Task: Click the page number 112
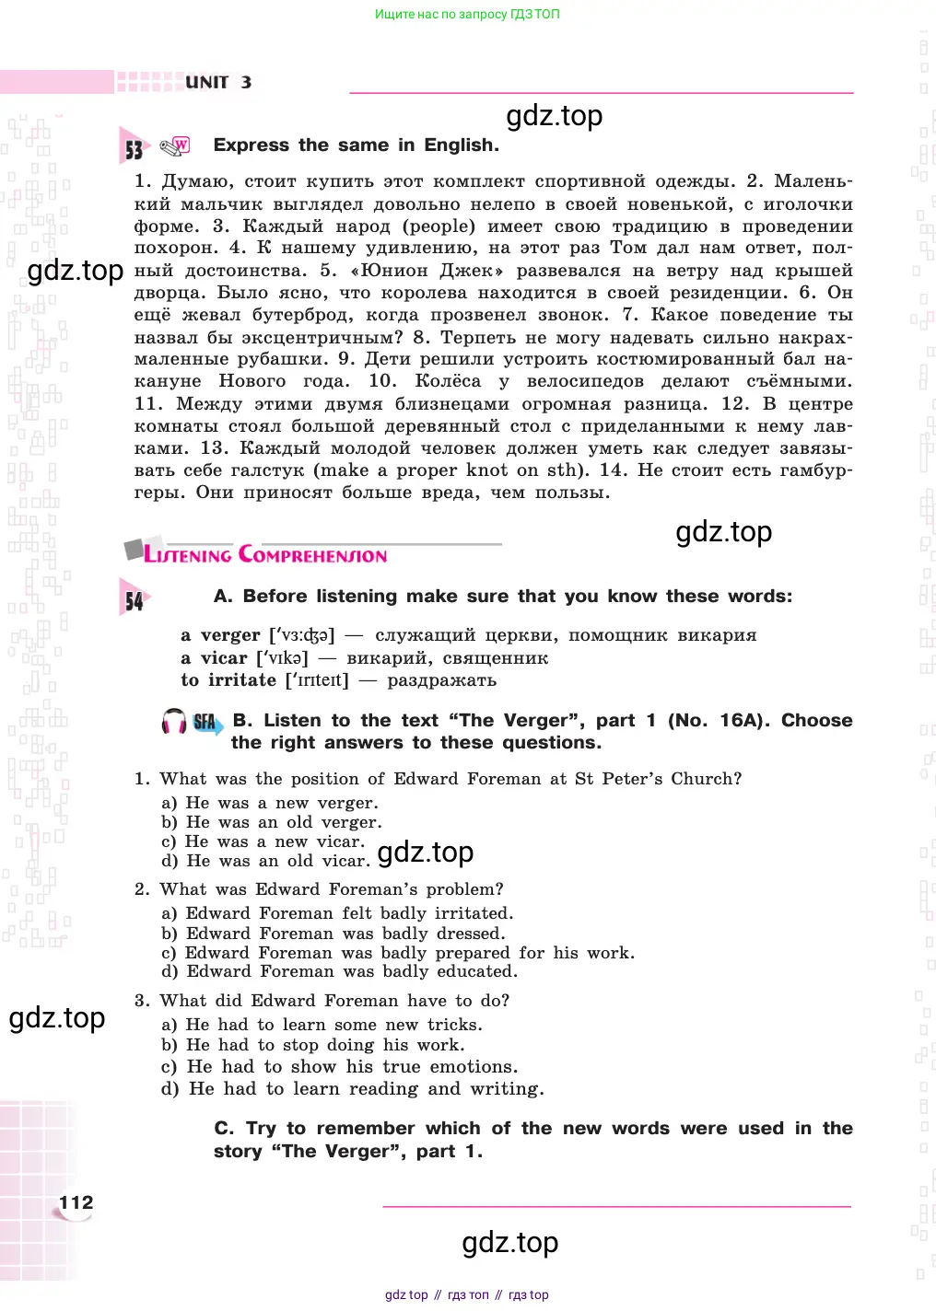76,1202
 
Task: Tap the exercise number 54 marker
135,600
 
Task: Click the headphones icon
173,722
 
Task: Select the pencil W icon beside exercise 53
175,145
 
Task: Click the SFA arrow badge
206,723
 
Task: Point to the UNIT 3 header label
218,82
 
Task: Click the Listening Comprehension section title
265,554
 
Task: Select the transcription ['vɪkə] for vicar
282,658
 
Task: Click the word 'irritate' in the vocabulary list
242,680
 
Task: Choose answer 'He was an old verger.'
283,822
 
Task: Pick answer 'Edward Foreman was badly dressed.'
345,934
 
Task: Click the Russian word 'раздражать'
441,680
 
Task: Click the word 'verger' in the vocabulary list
230,635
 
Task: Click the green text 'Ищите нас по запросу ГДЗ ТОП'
467,14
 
